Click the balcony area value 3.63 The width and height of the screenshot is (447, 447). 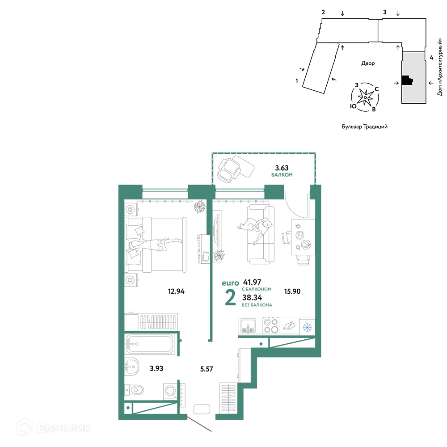(282, 168)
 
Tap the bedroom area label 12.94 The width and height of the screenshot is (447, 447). (176, 291)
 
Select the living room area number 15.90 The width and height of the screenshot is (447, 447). (292, 291)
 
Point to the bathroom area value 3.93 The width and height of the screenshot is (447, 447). (156, 368)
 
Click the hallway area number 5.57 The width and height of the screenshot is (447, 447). (207, 369)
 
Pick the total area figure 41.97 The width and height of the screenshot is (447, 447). (252, 282)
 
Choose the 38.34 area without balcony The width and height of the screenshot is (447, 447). (252, 298)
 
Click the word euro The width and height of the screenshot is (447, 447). (230, 283)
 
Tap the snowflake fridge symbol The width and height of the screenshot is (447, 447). (308, 327)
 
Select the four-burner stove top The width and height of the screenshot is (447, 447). (271, 325)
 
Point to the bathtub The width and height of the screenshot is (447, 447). (149, 344)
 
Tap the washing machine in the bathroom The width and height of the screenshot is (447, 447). (170, 391)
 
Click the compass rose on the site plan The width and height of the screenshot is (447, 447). (365, 97)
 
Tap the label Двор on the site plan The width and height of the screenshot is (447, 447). (368, 63)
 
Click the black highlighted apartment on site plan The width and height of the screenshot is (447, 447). (407, 80)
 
